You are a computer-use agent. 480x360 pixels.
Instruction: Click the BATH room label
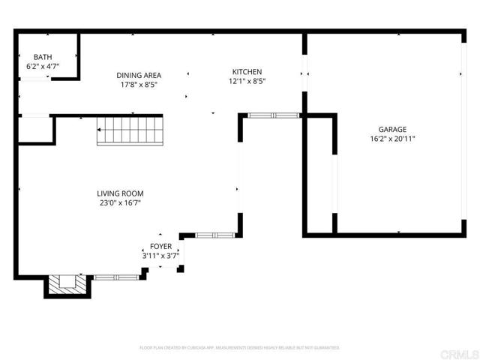(43, 57)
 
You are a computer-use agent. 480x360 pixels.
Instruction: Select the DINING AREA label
(139, 75)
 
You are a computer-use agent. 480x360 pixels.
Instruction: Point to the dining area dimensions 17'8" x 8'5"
(139, 85)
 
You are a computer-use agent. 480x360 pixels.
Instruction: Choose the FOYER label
(160, 246)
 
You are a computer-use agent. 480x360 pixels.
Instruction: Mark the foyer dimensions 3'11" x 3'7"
(160, 256)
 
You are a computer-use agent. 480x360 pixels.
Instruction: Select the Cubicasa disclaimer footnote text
(239, 348)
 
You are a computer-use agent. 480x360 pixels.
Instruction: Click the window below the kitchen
(273, 115)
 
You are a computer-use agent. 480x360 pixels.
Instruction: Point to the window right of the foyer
(214, 235)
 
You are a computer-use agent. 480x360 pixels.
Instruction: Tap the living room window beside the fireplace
(115, 277)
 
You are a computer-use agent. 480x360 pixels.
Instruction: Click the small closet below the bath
(34, 130)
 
